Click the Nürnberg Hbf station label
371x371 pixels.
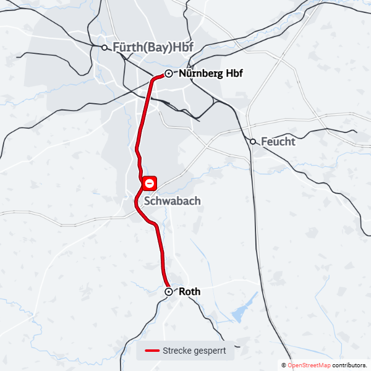[210, 74]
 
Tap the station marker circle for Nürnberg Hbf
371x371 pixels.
[168, 74]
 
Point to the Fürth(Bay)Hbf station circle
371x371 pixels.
[104, 46]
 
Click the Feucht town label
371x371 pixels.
[278, 142]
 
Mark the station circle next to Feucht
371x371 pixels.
[253, 142]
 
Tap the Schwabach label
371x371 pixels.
[172, 202]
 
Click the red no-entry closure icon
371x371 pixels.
[150, 183]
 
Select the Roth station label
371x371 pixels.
[189, 291]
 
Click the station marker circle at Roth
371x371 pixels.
[168, 291]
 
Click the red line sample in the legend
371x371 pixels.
[152, 351]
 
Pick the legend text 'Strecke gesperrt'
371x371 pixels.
[194, 351]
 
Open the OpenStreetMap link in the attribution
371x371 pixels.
[309, 365]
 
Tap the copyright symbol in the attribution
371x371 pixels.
[284, 365]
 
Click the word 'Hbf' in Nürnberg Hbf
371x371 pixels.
[234, 74]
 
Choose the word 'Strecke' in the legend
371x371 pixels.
[177, 351]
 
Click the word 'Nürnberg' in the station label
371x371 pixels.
[201, 74]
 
